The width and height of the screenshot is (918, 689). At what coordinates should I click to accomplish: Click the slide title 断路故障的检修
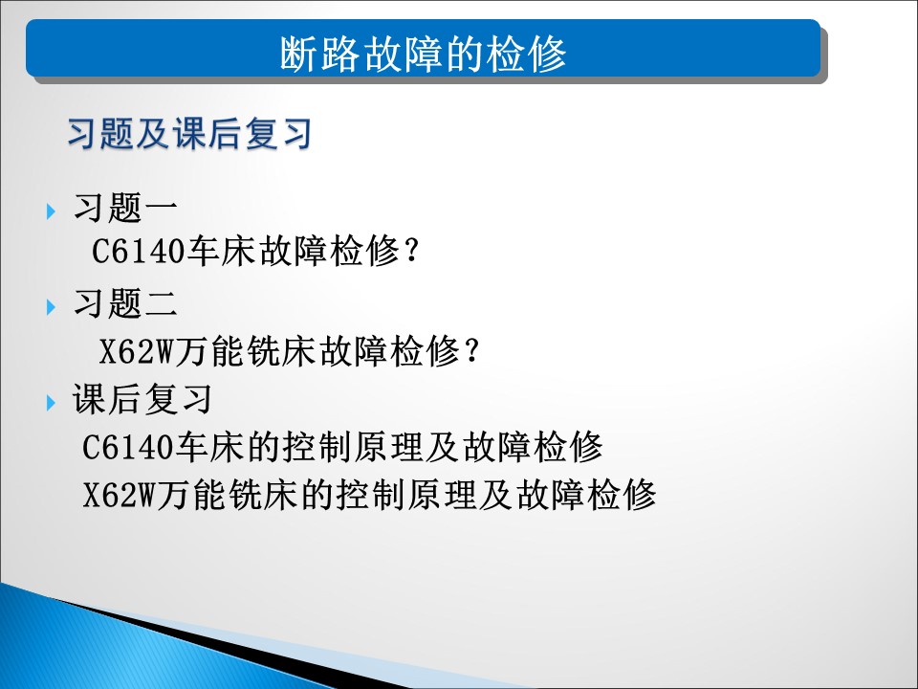423,54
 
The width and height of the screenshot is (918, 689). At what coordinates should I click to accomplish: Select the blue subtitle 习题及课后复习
189,134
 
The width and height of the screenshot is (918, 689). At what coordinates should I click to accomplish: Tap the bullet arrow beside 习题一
51,211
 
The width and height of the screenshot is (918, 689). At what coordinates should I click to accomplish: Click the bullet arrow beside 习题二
51,307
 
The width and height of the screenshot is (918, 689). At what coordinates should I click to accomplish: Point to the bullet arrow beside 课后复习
51,403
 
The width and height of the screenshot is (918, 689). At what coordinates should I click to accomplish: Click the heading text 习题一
125,208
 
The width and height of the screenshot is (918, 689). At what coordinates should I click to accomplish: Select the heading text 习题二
125,303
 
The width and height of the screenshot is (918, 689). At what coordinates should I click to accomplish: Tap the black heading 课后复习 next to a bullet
142,399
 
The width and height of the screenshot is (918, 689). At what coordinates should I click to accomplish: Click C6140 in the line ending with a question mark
138,252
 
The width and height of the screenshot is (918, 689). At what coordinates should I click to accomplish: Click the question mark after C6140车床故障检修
412,251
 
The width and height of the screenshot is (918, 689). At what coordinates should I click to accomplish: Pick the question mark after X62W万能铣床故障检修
471,351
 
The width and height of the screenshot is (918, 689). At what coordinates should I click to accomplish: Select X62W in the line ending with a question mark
137,351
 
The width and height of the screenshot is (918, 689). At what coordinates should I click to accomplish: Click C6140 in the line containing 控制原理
128,448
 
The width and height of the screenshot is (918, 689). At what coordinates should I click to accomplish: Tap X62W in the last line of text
120,495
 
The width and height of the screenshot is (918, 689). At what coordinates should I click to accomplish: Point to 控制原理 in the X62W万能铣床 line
407,495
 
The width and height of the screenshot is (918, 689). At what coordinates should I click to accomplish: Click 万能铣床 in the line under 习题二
247,351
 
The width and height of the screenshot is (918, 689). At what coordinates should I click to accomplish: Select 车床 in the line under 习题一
221,251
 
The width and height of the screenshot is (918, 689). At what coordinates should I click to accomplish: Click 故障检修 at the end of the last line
586,495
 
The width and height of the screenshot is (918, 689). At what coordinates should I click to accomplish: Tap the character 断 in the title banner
298,54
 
